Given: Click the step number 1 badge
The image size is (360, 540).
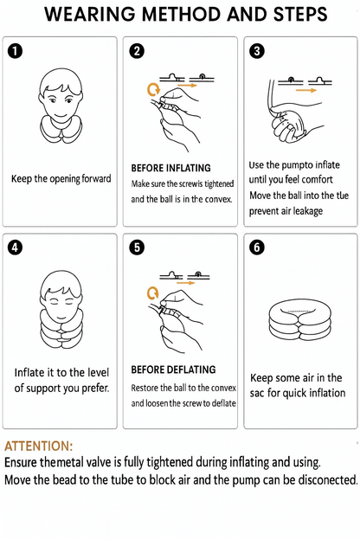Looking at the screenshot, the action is point(15,51).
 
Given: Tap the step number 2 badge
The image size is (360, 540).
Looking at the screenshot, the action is point(137,51).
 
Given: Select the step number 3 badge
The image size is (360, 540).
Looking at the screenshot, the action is point(257,51).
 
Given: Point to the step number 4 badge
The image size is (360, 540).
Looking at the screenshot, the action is point(15,247).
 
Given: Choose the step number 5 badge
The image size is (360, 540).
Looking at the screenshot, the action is point(137,247).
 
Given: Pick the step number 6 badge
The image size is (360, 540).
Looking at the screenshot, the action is point(257,247).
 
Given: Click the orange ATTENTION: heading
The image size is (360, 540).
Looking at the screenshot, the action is point(39,446).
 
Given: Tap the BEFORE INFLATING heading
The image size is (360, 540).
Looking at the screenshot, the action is point(170,168).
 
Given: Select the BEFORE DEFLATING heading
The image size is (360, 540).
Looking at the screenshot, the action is point(173,370).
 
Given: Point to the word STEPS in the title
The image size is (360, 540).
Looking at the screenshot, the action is point(300,14).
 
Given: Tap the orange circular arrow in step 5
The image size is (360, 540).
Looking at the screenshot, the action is point(153,293).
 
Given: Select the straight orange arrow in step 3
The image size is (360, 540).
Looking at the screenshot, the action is point(306,90).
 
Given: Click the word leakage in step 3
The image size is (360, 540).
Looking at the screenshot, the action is point(307,211).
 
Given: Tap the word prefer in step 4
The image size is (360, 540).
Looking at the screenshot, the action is point(95,388).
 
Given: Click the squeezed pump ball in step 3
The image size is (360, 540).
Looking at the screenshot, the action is point(289,125).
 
